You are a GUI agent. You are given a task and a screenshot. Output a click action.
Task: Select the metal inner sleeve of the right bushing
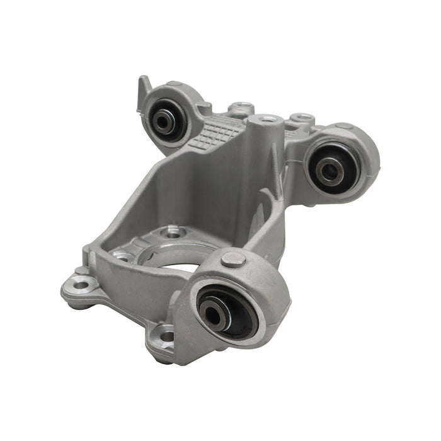pos(329,168)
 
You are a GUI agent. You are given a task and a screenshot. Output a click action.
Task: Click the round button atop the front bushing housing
pos(234,258)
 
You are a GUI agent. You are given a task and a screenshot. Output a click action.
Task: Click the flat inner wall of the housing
pos(189,189)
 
